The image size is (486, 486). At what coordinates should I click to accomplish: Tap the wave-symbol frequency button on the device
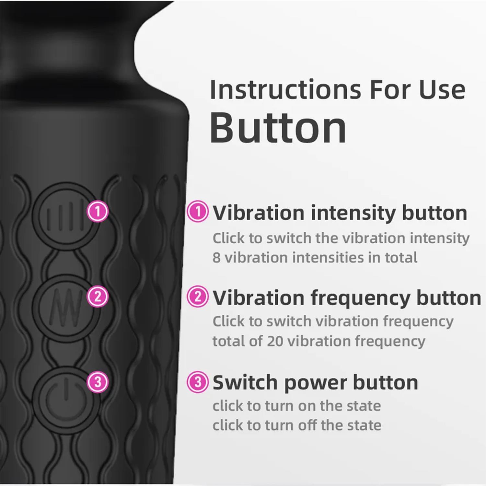pos(66,307)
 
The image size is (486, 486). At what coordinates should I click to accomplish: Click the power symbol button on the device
pos(66,399)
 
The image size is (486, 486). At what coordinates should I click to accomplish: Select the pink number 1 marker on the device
pos(98,212)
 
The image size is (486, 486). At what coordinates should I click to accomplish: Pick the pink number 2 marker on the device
pos(98,297)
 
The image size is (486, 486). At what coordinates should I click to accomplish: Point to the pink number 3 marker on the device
pos(98,382)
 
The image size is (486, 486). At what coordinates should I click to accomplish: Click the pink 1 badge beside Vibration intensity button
pos(198,212)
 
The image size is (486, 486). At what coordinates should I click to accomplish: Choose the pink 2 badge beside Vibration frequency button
pos(198,296)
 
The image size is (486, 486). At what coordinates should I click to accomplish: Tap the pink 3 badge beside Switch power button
pos(198,382)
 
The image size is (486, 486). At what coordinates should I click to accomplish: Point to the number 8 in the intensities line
pos(216,258)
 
